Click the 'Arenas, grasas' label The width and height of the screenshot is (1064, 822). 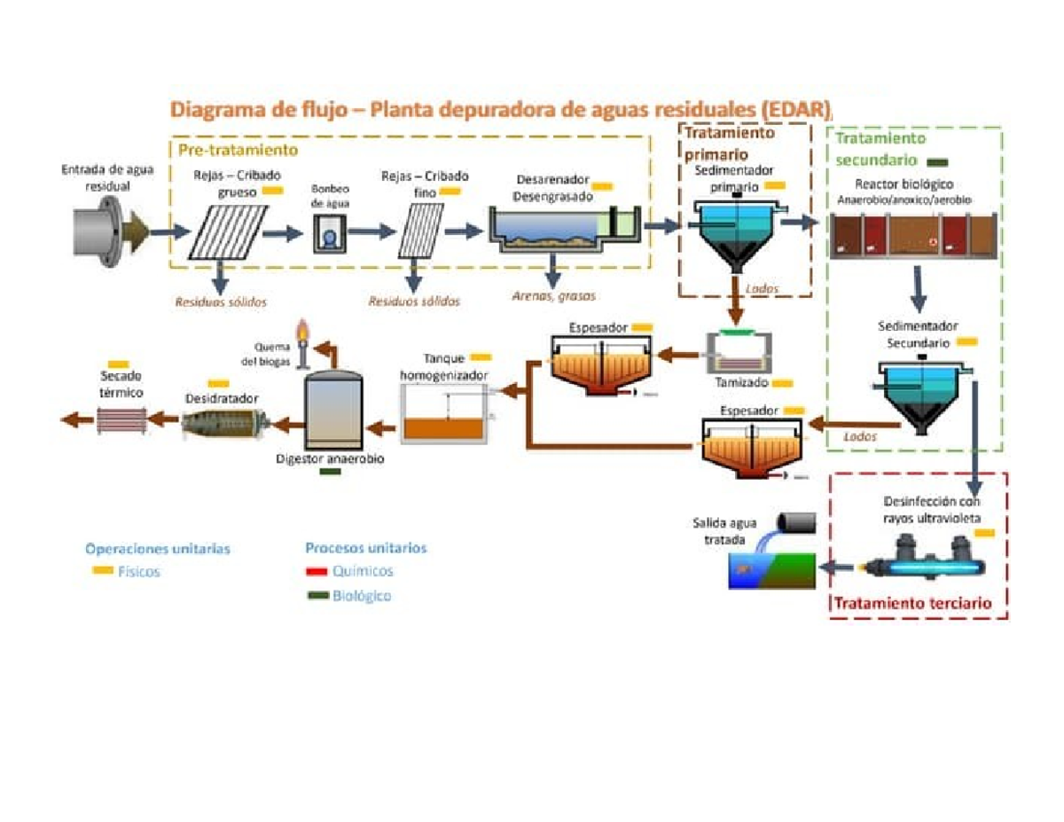click(x=554, y=296)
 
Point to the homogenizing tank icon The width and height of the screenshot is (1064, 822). click(x=443, y=418)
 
